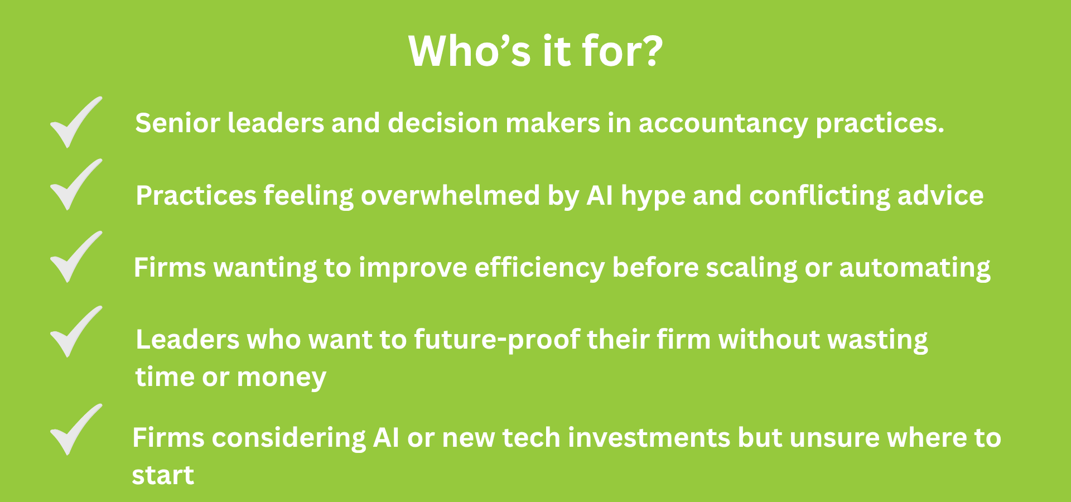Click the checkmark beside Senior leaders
(x=76, y=122)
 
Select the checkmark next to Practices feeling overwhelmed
(x=76, y=185)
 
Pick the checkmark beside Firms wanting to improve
(x=76, y=257)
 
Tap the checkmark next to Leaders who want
(x=76, y=332)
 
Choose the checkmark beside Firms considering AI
(x=76, y=430)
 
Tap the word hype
(x=653, y=197)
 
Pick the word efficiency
(x=539, y=269)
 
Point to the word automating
(x=915, y=269)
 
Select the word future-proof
(x=497, y=341)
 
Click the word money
(x=282, y=378)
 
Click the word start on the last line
(x=163, y=476)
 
